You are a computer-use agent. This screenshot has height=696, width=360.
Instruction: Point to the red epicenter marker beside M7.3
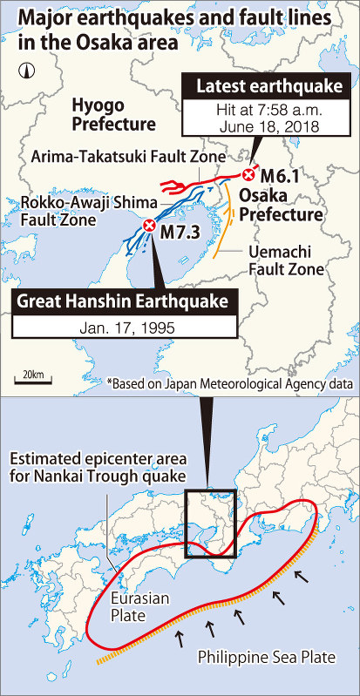tap(149, 226)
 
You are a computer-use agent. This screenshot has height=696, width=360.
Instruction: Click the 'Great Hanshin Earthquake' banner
tap(125, 302)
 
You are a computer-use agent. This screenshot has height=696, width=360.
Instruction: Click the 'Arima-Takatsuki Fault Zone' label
tap(128, 156)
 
